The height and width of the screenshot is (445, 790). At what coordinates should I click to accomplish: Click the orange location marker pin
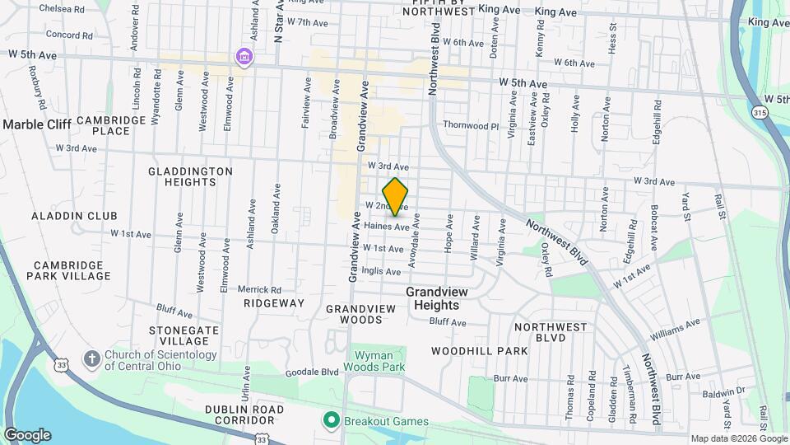(396, 197)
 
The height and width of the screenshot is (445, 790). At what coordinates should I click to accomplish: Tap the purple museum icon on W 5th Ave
(244, 57)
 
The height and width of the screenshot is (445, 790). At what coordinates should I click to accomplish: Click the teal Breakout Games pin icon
(332, 421)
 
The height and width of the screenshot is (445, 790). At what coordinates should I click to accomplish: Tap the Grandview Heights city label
(443, 298)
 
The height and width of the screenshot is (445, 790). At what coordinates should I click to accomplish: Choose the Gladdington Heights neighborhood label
(191, 176)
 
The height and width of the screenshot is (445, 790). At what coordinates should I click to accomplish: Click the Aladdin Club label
(75, 216)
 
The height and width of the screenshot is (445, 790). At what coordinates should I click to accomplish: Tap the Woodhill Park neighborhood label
(480, 351)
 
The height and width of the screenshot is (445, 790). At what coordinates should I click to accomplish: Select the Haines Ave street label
(386, 227)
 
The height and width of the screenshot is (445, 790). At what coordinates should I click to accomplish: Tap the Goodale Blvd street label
(312, 372)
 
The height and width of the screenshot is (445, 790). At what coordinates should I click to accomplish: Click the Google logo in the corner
(27, 435)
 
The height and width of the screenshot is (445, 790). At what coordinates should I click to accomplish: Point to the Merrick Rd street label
(259, 289)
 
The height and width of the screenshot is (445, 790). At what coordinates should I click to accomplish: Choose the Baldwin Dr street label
(727, 391)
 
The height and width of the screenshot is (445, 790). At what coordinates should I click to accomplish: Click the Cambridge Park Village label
(71, 270)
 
